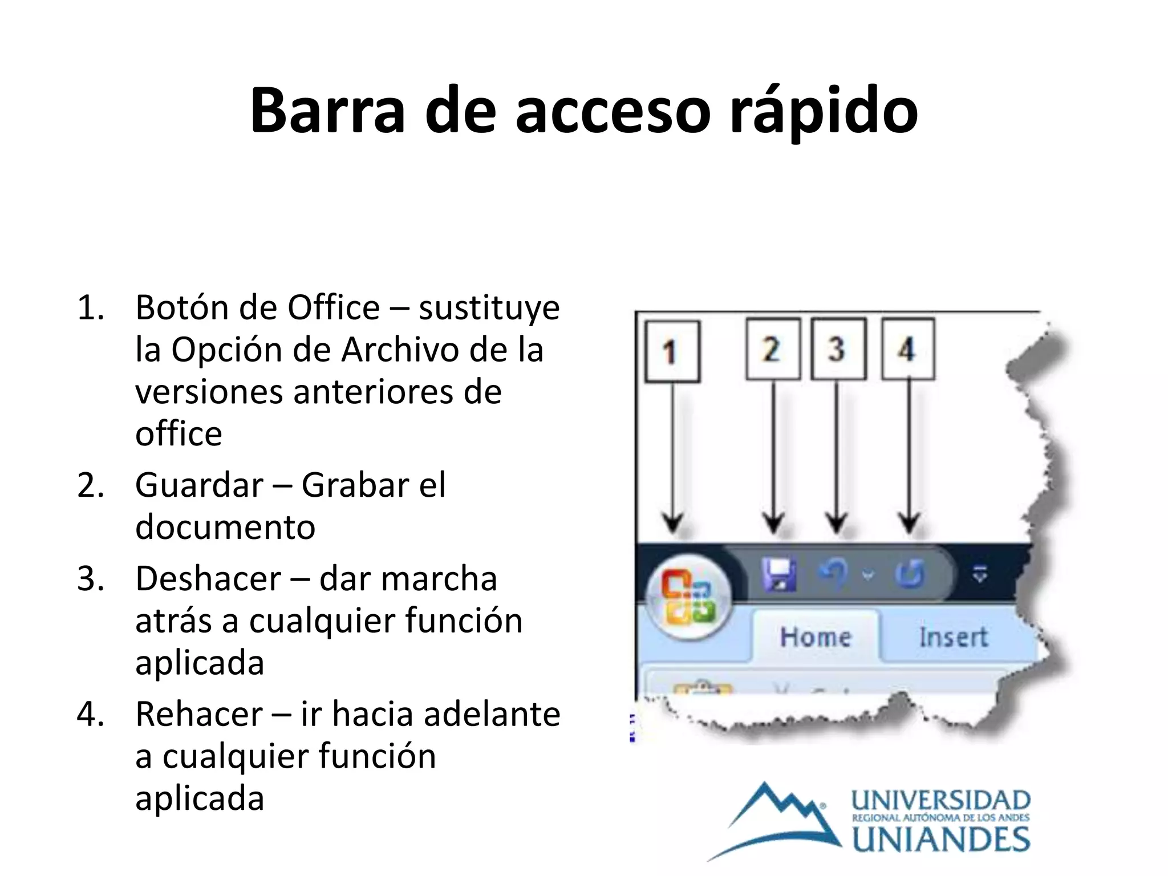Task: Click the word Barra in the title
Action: point(327,111)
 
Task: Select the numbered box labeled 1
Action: point(672,351)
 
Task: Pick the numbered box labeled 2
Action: point(773,349)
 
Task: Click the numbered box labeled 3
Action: point(838,349)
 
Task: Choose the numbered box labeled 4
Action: point(907,349)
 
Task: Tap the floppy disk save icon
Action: point(779,574)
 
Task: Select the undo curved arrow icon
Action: point(834,573)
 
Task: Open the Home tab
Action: point(816,637)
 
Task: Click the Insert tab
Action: point(953,637)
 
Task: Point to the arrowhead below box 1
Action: point(673,522)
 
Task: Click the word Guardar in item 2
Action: point(199,485)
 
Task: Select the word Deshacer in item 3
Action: point(208,579)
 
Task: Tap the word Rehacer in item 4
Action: point(199,714)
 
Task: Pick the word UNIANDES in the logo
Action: point(941,840)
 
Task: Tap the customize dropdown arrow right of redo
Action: point(980,575)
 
